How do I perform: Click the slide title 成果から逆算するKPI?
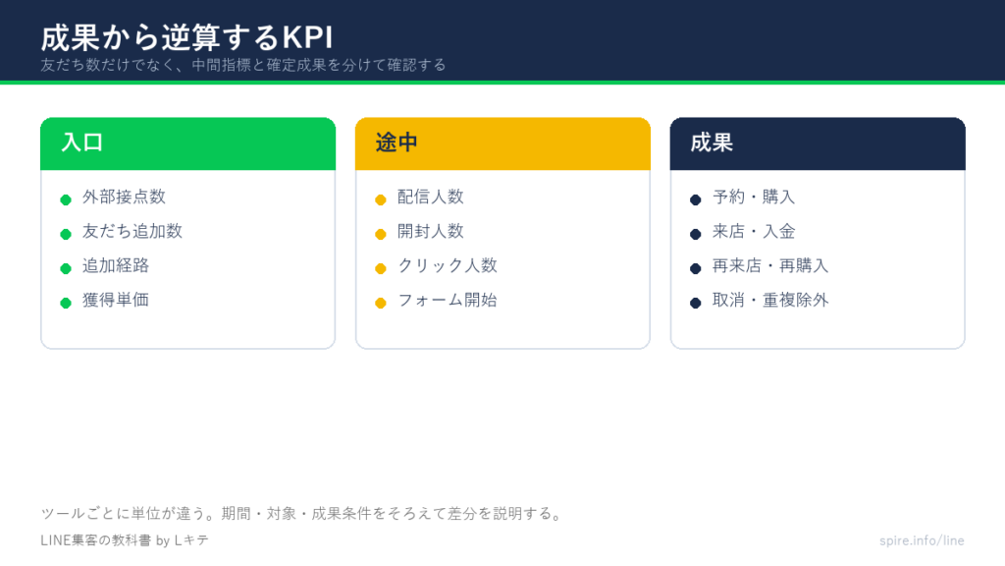click(x=186, y=38)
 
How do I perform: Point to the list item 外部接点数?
click(x=124, y=197)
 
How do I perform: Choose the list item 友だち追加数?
click(x=132, y=231)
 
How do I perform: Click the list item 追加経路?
click(x=116, y=265)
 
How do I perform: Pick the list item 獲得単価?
click(x=116, y=300)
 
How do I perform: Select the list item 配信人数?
click(x=430, y=197)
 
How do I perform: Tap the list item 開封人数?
click(x=430, y=231)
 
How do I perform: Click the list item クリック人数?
click(x=448, y=265)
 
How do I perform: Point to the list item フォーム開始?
click(x=448, y=300)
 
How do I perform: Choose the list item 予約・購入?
click(x=754, y=197)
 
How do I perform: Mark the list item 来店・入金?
click(x=754, y=231)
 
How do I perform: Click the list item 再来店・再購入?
click(x=770, y=265)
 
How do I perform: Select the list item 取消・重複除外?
click(x=770, y=300)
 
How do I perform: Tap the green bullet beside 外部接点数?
click(x=66, y=199)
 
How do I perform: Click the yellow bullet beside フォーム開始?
click(x=381, y=303)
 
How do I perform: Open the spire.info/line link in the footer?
click(x=922, y=540)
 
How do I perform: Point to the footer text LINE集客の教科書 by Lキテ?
click(x=125, y=540)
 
